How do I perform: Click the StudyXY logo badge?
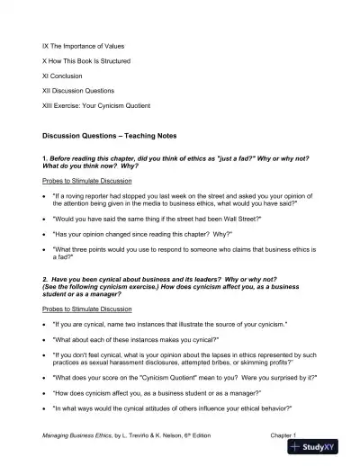320,447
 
